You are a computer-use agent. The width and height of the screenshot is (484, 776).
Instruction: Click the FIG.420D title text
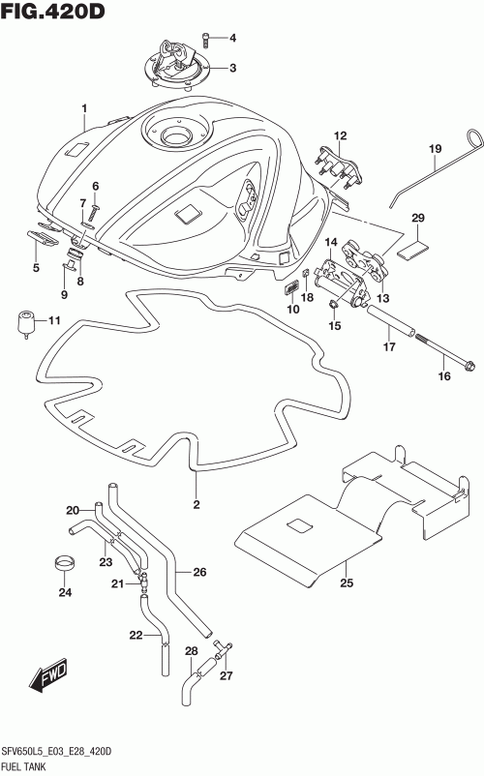click(x=52, y=11)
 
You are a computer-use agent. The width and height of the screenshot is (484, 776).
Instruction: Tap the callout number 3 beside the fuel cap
click(x=232, y=69)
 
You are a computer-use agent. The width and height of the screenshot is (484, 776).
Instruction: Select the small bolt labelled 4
click(x=206, y=41)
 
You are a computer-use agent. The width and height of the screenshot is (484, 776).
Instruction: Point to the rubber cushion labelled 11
click(x=27, y=324)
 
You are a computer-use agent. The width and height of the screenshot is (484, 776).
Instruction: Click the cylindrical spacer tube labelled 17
click(x=390, y=321)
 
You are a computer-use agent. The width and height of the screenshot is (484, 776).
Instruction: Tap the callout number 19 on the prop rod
click(x=435, y=148)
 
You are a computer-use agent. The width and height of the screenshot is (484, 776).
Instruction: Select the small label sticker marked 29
click(x=410, y=250)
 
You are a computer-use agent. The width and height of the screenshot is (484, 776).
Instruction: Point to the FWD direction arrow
click(x=48, y=675)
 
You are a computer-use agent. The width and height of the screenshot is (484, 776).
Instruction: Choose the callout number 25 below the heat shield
click(x=347, y=583)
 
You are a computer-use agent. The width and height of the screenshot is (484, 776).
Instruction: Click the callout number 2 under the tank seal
click(x=197, y=504)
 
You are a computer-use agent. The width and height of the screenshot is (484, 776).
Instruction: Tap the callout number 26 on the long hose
click(x=199, y=572)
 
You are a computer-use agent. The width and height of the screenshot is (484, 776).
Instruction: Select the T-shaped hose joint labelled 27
click(x=224, y=647)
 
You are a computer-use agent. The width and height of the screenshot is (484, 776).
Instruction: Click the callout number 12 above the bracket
click(x=340, y=135)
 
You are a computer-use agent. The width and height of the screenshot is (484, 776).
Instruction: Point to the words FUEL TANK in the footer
click(x=24, y=766)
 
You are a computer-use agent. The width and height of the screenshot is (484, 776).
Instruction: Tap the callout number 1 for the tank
click(x=84, y=108)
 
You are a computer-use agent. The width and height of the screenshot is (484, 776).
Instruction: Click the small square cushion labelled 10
click(x=290, y=288)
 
